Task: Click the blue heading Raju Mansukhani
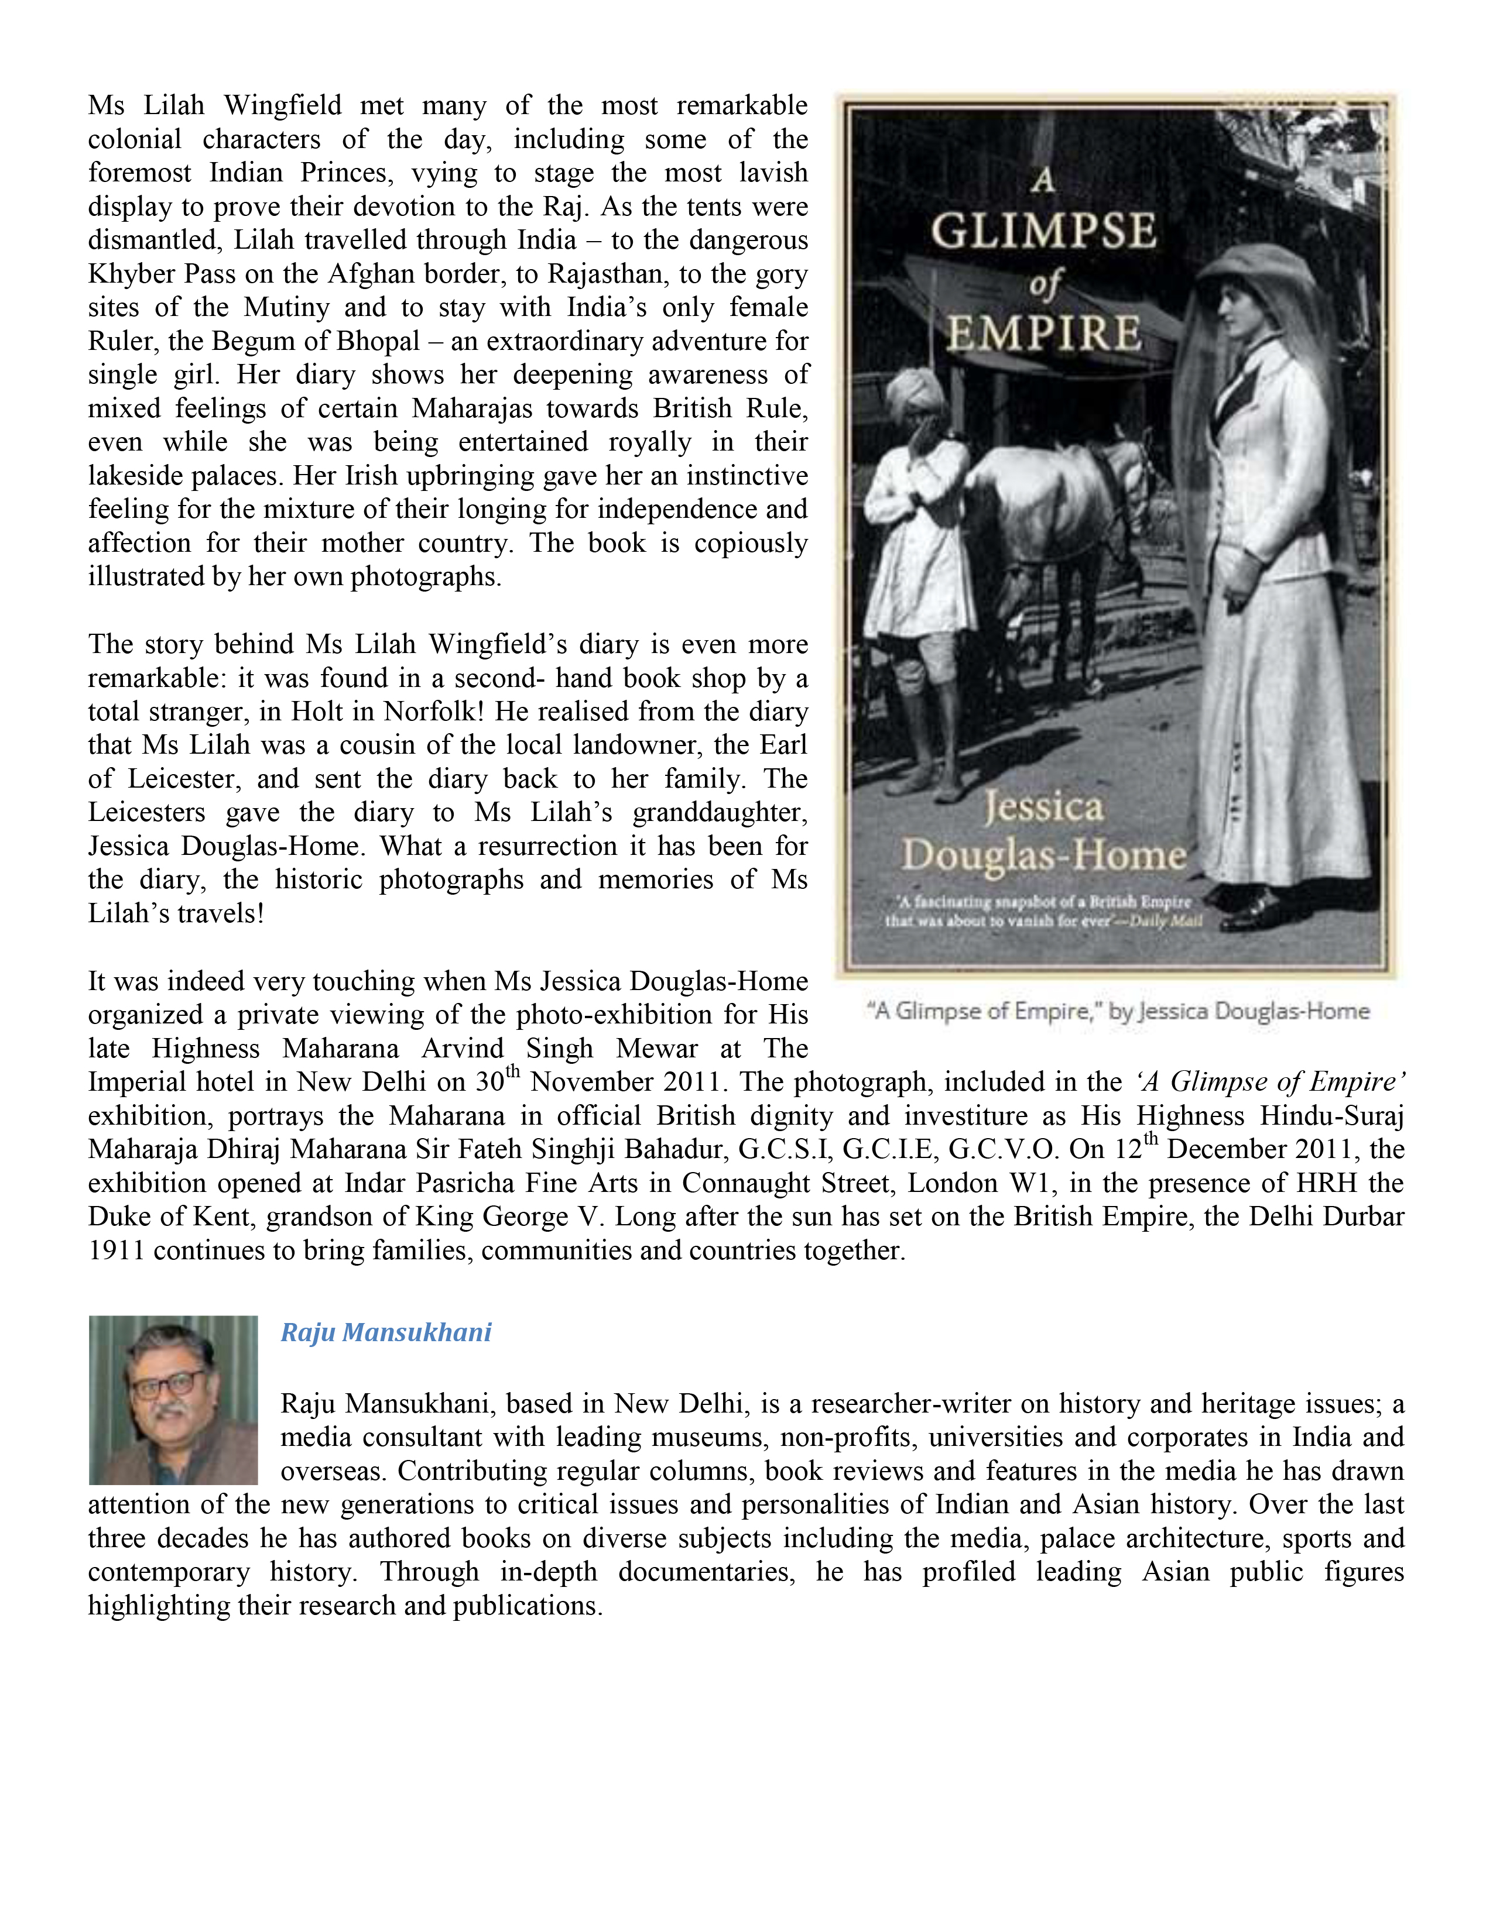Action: [386, 1332]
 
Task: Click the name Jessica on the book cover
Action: [1044, 806]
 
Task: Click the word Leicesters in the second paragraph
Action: [147, 813]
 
